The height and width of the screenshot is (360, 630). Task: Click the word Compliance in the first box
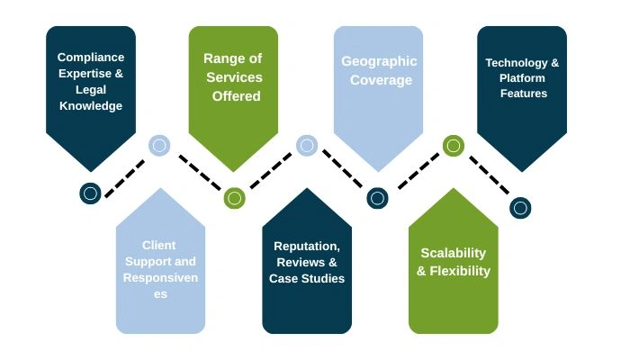[91, 57]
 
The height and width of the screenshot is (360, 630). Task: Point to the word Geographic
[379, 62]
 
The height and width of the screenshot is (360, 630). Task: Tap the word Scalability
[453, 253]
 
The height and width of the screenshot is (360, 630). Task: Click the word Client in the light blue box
[159, 245]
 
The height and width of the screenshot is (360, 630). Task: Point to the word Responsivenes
[160, 278]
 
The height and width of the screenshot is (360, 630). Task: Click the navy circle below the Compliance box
[90, 193]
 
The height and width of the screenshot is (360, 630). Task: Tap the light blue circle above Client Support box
[159, 145]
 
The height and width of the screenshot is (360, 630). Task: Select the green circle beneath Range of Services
[234, 197]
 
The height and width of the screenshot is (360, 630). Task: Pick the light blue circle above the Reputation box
[307, 145]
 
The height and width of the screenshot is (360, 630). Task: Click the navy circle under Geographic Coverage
[378, 197]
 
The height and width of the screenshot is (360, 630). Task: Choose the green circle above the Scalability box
[453, 145]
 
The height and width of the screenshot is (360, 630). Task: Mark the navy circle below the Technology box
[520, 208]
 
